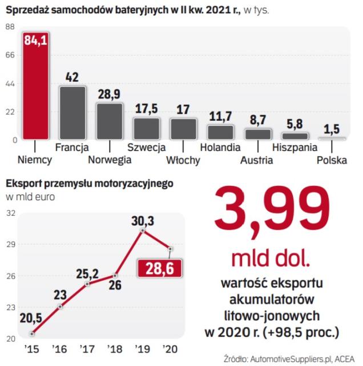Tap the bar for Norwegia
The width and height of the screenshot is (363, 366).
click(x=110, y=121)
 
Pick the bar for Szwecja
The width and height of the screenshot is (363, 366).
click(x=147, y=128)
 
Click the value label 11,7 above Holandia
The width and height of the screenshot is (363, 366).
click(x=220, y=116)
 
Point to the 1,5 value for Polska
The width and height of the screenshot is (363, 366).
click(x=332, y=129)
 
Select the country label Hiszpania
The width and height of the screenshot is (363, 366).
click(x=295, y=147)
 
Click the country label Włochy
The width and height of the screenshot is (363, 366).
click(x=183, y=160)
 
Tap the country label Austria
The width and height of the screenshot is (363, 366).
click(x=256, y=160)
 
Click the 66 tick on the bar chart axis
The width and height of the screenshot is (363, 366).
click(x=10, y=55)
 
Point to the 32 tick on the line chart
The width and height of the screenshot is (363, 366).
click(x=10, y=213)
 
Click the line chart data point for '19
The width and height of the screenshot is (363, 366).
click(x=142, y=230)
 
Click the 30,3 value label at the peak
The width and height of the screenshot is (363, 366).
click(x=142, y=220)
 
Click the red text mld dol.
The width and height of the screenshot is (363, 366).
click(x=271, y=259)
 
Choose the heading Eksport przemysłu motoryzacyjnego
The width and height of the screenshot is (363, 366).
click(x=88, y=184)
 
